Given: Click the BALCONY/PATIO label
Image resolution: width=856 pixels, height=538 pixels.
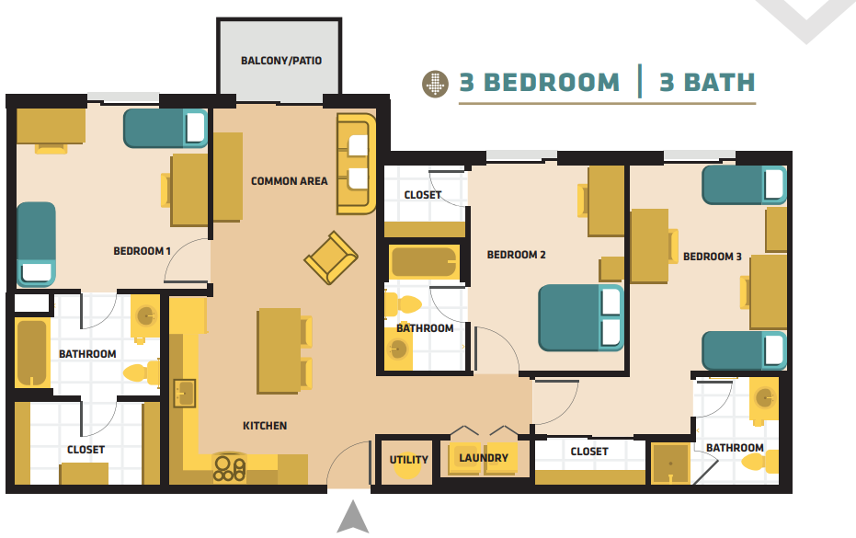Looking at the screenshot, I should point(280,62).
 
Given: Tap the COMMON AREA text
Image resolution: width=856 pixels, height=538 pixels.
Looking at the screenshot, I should point(289,181).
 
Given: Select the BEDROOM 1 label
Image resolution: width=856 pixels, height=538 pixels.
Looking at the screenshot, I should point(142,251).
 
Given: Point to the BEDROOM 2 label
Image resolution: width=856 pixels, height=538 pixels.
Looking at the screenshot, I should point(516,255).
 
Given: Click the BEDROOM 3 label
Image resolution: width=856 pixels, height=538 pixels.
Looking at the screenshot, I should point(712,257).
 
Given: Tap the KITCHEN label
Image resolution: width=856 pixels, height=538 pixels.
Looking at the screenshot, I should point(265,426).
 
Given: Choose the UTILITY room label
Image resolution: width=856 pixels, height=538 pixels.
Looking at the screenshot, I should point(408,460).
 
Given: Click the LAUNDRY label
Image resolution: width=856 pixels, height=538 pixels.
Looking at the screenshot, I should point(483,458).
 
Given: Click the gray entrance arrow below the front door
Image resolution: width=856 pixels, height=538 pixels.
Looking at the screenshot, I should point(352,518).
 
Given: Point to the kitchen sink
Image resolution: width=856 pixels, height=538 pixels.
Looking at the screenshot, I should point(184,394).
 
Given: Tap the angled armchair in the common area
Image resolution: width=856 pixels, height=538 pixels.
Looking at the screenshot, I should point(330,258).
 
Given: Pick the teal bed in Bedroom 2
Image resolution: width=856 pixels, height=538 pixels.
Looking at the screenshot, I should point(580,317).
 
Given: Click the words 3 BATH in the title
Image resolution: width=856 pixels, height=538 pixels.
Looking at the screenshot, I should point(706,83).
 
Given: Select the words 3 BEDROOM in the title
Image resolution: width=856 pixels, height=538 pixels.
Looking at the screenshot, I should point(539,83).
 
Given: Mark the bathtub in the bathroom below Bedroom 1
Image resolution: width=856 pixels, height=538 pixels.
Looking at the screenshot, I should point(32,353).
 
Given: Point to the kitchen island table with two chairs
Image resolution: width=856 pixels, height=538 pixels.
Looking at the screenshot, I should point(280,350).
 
